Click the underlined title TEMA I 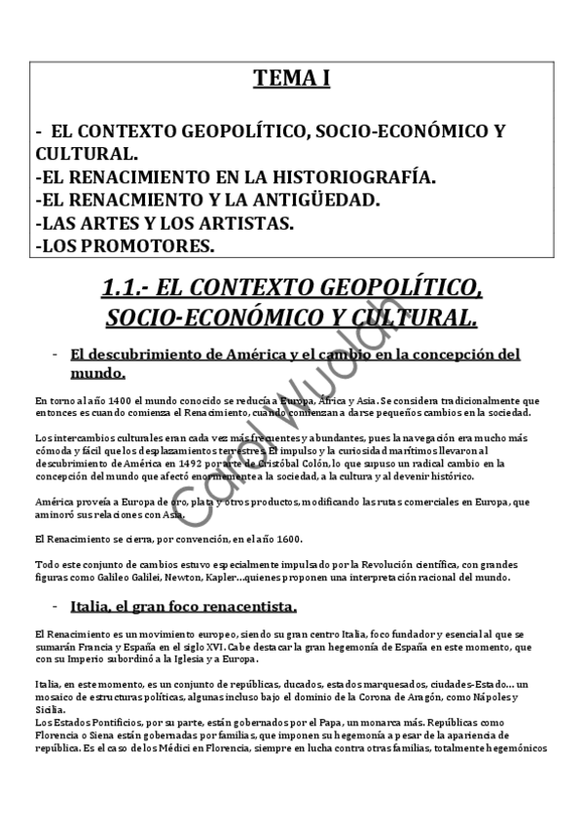click(291, 79)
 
